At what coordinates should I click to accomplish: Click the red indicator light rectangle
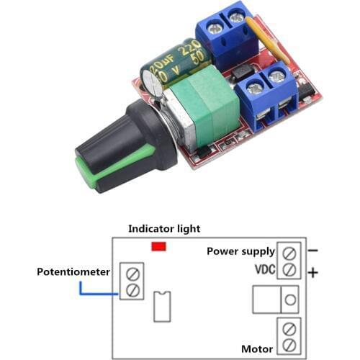pyautogui.click(x=159, y=246)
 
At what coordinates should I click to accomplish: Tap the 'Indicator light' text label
pyautogui.click(x=164, y=228)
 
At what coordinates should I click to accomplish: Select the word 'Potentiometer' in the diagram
pyautogui.click(x=74, y=272)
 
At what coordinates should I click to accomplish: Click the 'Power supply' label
pyautogui.click(x=240, y=251)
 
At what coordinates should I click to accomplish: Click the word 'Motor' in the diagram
pyautogui.click(x=257, y=348)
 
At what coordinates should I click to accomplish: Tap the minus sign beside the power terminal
pyautogui.click(x=312, y=251)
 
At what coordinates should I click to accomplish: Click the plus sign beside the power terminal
pyautogui.click(x=312, y=273)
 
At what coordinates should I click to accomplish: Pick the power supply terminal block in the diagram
pyautogui.click(x=289, y=261)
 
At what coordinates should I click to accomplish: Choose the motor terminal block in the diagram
pyautogui.click(x=289, y=336)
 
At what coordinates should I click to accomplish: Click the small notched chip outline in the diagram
pyautogui.click(x=162, y=307)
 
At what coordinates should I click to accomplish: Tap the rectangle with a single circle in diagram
pyautogui.click(x=276, y=299)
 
